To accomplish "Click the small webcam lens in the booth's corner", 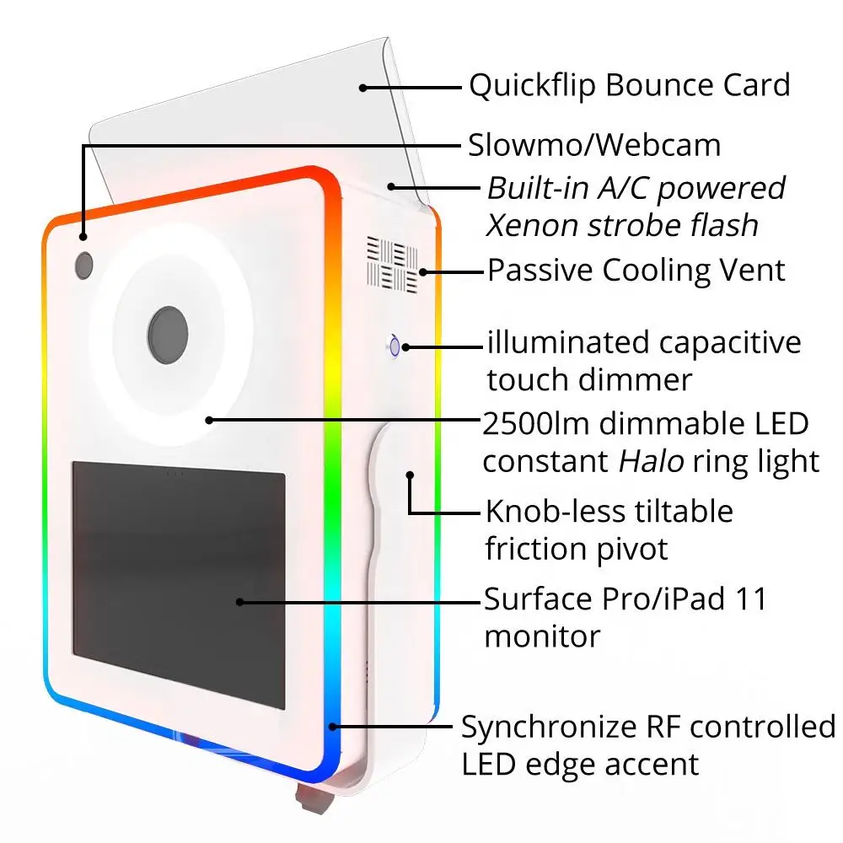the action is pyautogui.click(x=83, y=265).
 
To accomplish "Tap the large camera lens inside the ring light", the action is pyautogui.click(x=168, y=335).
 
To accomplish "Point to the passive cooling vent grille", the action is pyautogui.click(x=393, y=264).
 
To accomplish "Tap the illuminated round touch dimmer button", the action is pyautogui.click(x=395, y=346).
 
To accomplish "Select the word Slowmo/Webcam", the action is pyautogui.click(x=594, y=145).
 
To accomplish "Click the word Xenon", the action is pyautogui.click(x=530, y=225).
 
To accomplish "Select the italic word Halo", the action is pyautogui.click(x=651, y=461).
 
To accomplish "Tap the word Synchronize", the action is pyautogui.click(x=550, y=728).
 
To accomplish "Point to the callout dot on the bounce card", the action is pyautogui.click(x=362, y=88).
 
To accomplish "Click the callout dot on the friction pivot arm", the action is pyautogui.click(x=410, y=475).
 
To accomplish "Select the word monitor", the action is pyautogui.click(x=542, y=637).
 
